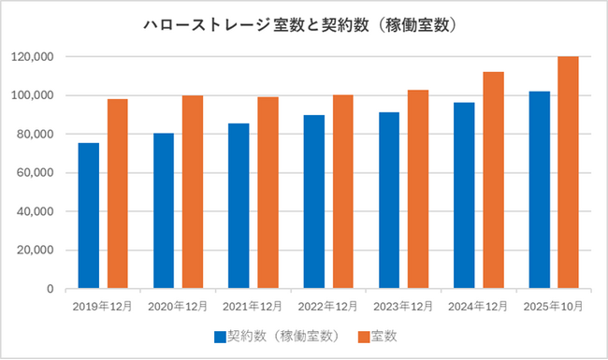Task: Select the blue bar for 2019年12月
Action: (88, 216)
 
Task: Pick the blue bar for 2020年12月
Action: (164, 211)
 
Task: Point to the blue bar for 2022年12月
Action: (313, 202)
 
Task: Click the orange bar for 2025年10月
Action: (568, 173)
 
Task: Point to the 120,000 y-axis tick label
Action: (32, 57)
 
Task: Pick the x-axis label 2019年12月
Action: (102, 307)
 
